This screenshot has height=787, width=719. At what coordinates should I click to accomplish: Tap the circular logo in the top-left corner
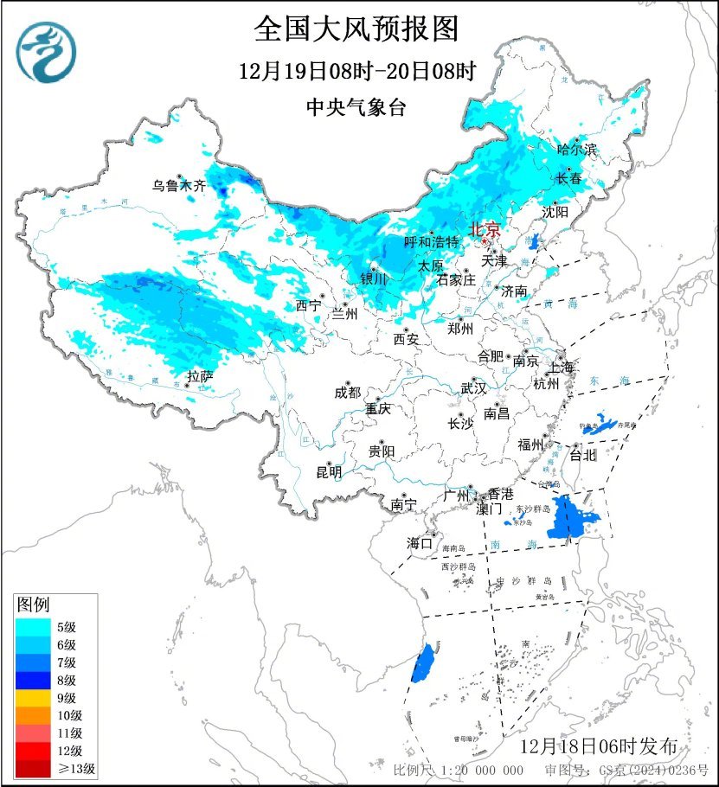pos(48,49)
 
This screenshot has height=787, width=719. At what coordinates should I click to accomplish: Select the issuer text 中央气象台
pos(356,107)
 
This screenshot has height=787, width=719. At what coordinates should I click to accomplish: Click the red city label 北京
pos(484,230)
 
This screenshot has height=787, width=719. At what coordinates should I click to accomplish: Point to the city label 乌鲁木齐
pos(179,185)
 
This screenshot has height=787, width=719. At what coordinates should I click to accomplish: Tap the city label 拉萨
pos(200,376)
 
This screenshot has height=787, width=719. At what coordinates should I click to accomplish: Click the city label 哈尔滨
pos(577,150)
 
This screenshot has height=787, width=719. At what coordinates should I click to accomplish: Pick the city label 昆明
pos(329,472)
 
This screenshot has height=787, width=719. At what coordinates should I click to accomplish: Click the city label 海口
pos(420,544)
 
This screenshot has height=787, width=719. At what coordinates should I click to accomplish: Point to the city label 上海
pos(561,368)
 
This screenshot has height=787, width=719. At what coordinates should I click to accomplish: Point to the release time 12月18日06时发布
pos(605,746)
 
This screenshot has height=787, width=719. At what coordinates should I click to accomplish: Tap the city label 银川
pos(374,278)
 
